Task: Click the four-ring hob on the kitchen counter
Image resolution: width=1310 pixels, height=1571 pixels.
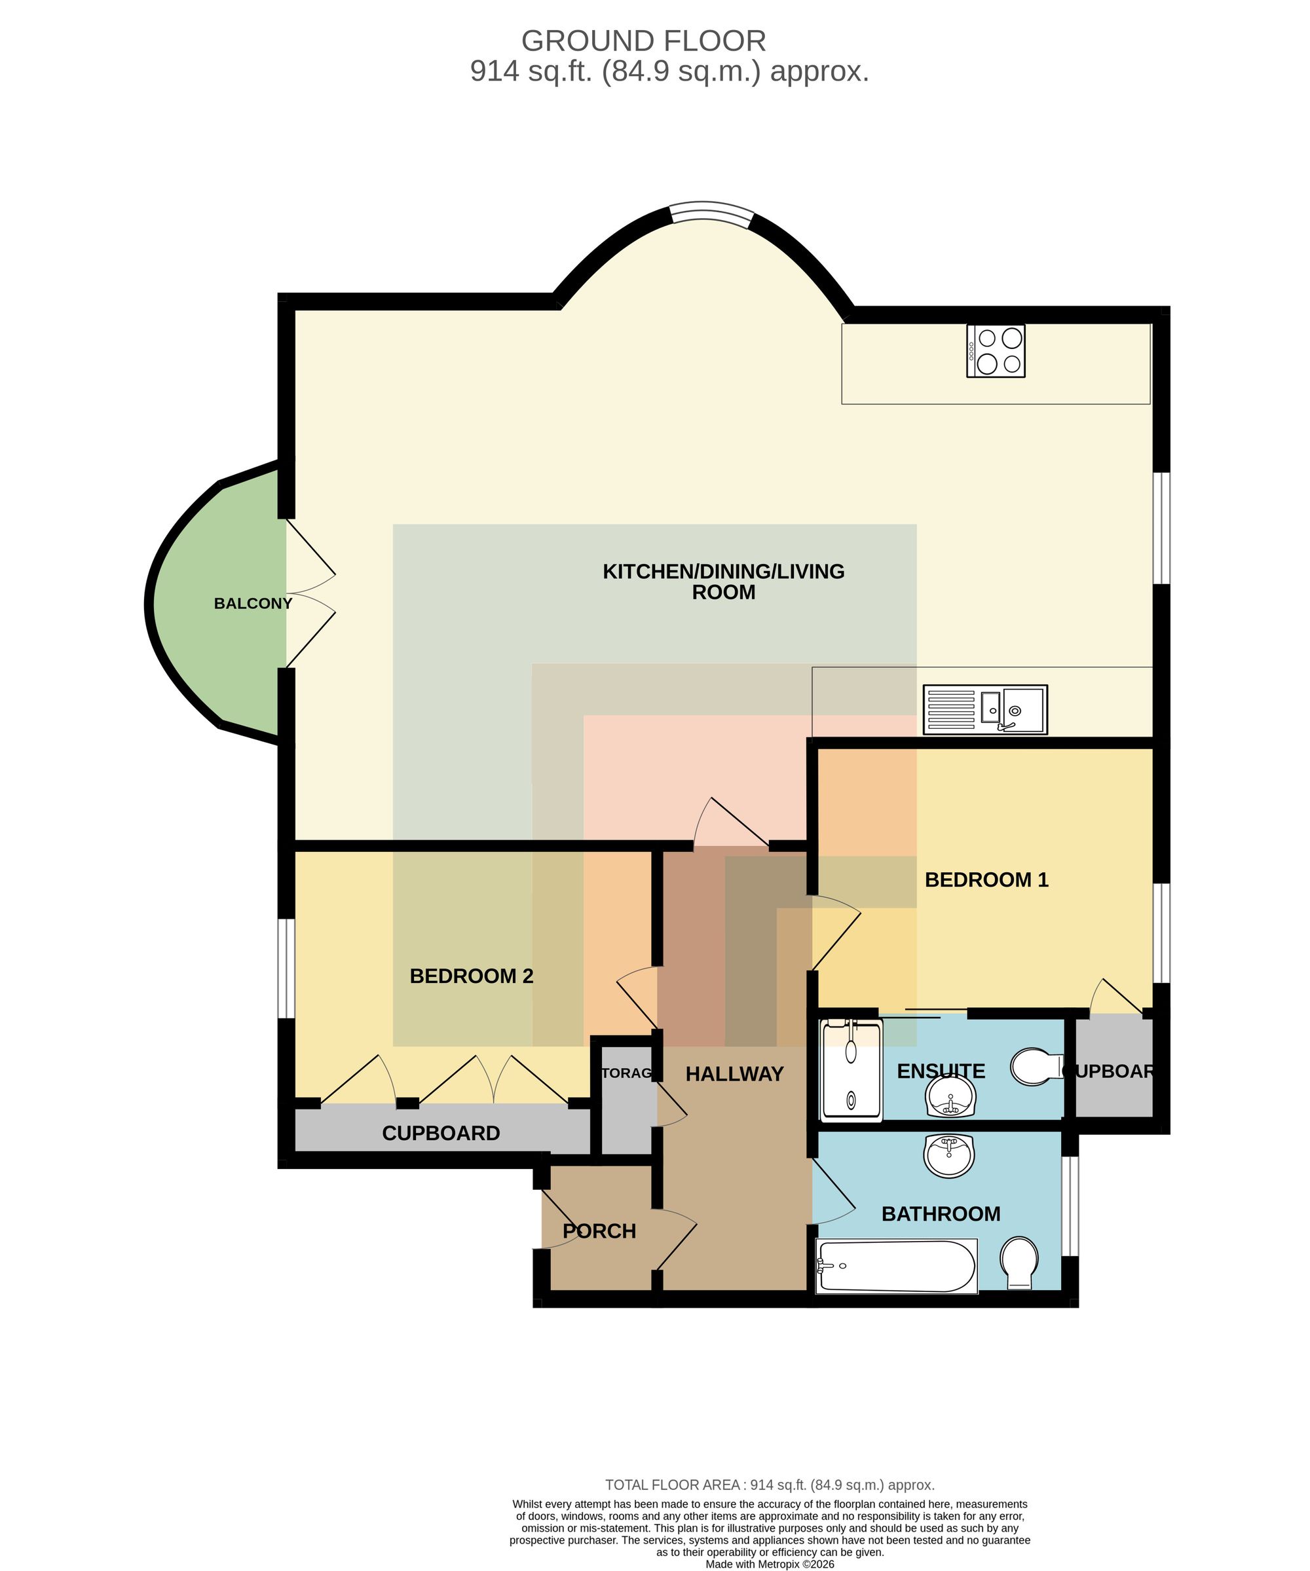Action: click(x=995, y=351)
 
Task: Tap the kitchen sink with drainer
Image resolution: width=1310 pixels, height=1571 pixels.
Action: click(x=984, y=709)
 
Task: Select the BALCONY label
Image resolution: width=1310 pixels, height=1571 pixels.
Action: click(x=253, y=604)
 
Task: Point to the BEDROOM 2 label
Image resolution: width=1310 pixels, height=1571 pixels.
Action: click(x=472, y=976)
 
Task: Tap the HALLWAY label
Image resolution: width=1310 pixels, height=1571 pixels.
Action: click(x=734, y=1074)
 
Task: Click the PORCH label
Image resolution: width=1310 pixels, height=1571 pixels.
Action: click(x=599, y=1231)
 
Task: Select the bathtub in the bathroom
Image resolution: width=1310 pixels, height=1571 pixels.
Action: click(x=898, y=1266)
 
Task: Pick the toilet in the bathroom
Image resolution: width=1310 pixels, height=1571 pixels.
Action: click(x=1019, y=1263)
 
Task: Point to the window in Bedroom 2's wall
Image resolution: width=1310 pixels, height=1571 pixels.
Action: click(x=286, y=968)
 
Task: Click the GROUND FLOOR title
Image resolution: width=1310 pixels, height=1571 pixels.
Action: click(x=643, y=41)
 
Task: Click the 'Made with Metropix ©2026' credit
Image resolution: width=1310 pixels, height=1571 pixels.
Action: click(x=770, y=1562)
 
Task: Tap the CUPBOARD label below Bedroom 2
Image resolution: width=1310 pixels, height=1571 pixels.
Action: click(x=441, y=1134)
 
